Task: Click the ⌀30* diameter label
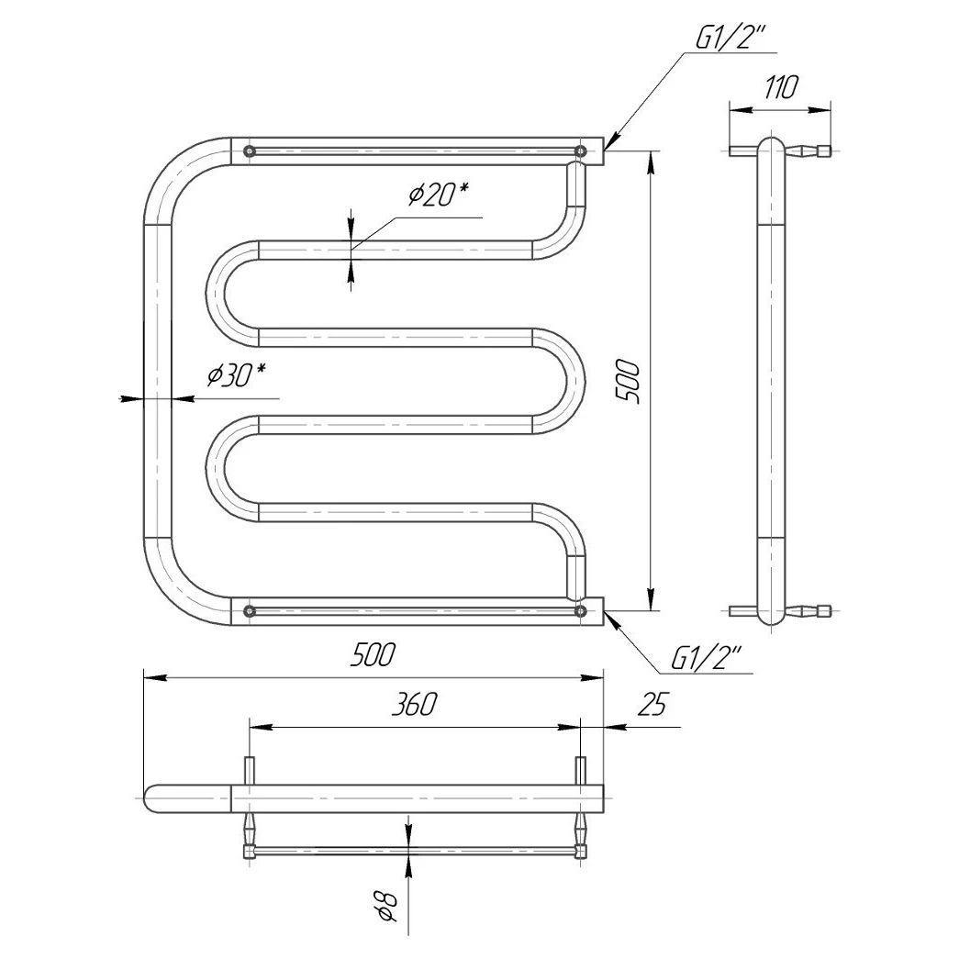tap(236, 375)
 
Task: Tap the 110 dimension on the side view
tap(779, 88)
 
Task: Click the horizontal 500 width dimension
tap(374, 655)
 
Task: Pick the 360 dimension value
tap(413, 704)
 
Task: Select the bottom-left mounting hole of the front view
tap(248, 609)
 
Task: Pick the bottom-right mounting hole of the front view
tap(580, 609)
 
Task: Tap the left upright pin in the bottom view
tap(248, 770)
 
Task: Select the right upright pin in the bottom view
tap(580, 770)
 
